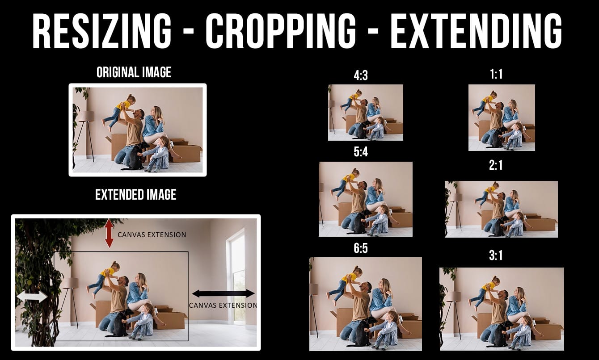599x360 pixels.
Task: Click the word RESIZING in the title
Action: tap(101, 30)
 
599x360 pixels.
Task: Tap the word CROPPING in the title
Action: tap(281, 30)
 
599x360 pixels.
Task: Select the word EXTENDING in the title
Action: tap(476, 30)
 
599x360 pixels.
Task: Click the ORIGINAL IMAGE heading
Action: tap(134, 72)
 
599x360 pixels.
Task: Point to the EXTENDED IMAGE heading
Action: tap(135, 194)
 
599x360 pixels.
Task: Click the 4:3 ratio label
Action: tap(361, 76)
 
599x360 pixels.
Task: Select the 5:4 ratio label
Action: tap(361, 152)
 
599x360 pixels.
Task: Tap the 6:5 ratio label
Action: tap(361, 248)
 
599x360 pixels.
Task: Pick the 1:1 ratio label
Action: tap(496, 74)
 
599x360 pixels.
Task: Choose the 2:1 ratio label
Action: tap(496, 165)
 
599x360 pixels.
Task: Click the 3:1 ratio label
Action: tap(496, 255)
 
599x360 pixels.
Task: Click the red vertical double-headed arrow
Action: tap(109, 233)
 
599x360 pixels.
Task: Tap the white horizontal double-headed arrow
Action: tap(32, 297)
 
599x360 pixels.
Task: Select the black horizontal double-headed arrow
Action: tap(224, 293)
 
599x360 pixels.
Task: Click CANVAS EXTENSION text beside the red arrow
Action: tap(152, 234)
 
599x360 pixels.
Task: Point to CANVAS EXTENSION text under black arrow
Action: tap(223, 305)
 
